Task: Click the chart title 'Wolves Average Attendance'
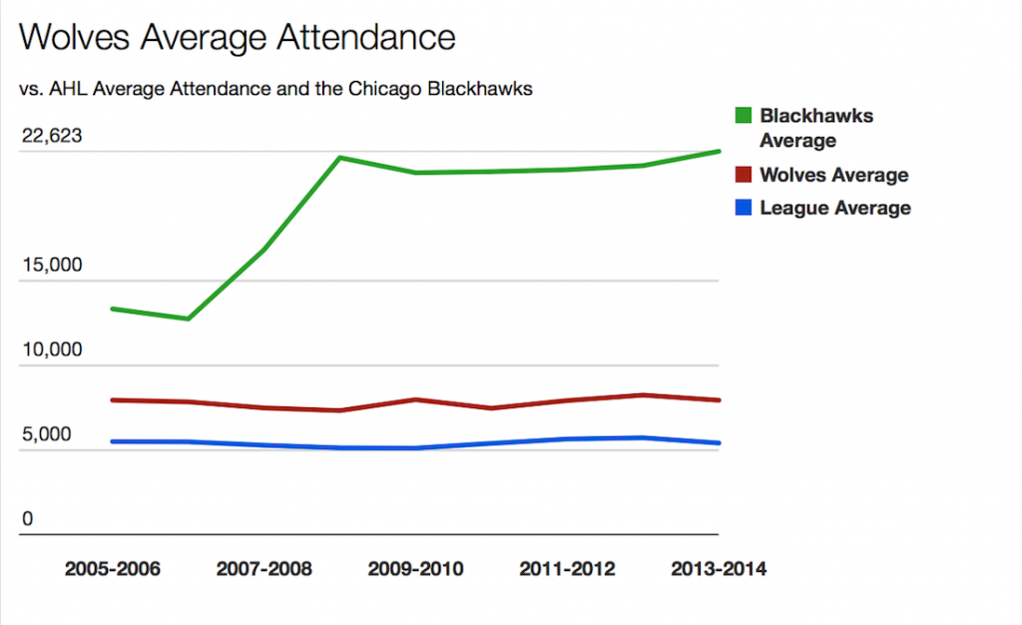238,37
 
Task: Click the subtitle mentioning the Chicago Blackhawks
275,88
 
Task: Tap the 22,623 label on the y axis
52,136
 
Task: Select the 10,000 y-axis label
52,350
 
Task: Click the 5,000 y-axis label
48,434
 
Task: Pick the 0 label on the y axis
28,519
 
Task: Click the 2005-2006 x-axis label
112,569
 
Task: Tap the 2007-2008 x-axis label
263,569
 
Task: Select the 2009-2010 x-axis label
415,569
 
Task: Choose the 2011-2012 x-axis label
568,569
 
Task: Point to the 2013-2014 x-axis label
719,569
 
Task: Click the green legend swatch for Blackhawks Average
743,116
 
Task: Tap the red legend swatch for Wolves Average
743,175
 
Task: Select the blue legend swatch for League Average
743,208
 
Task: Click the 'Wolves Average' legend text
833,175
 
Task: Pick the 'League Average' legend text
835,208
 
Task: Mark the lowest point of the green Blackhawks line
188,318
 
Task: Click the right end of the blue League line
719,443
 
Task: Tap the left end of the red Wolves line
112,400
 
